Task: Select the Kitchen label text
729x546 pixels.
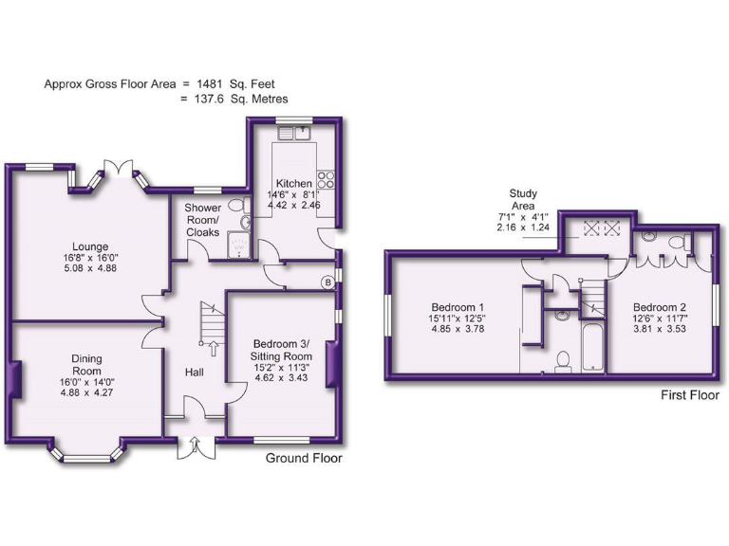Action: point(294,183)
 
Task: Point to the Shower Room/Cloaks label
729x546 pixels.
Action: point(203,220)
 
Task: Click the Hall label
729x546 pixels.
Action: point(195,373)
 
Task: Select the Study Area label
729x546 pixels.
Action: point(522,199)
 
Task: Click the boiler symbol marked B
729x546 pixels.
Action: point(328,282)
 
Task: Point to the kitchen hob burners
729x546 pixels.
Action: point(327,178)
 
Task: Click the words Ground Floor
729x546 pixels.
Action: point(304,458)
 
